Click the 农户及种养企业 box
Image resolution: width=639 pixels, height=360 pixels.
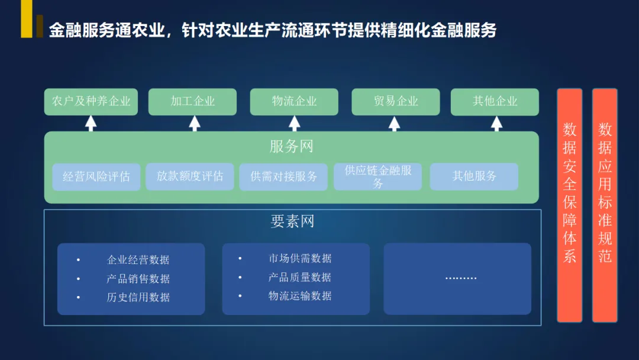point(91,102)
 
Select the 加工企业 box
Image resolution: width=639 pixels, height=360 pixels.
point(192,102)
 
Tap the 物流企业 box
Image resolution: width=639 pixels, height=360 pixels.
point(294,102)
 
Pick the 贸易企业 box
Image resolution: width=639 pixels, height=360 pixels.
point(396,102)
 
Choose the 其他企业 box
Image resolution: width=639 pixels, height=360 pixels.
point(495,102)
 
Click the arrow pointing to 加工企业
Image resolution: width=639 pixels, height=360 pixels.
point(195,123)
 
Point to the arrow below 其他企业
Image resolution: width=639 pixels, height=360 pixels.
point(496,123)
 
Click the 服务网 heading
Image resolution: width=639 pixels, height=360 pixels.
point(291,146)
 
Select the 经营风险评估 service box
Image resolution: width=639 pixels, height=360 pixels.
point(96,176)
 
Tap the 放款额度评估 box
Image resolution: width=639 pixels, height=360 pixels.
point(190,176)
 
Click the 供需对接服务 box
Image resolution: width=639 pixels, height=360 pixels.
point(283,176)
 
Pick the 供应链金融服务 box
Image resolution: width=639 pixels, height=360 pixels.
point(377,176)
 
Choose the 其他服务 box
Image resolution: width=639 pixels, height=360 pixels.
point(474,176)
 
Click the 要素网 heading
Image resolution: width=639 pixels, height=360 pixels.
point(292,221)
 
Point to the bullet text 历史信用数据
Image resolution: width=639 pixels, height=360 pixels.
point(138,297)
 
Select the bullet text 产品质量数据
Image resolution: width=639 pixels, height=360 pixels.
point(299,277)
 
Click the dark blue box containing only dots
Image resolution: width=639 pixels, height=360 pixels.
point(457,278)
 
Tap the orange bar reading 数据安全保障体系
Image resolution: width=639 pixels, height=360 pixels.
point(569,205)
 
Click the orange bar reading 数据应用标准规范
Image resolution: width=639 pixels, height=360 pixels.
point(605,205)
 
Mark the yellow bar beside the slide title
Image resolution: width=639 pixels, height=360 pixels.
point(27,19)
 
